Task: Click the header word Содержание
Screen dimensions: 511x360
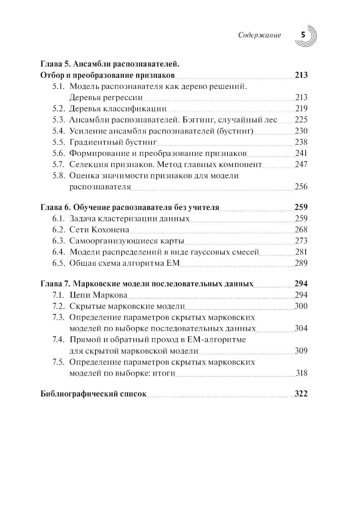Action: coord(259,35)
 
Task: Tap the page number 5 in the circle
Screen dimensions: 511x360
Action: coord(303,35)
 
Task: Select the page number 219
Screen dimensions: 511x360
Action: coord(301,109)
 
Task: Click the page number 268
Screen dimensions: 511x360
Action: coord(301,230)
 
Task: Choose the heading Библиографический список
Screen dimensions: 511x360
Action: coord(94,394)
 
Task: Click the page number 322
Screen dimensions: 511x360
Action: coord(301,394)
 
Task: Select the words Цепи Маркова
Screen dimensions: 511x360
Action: coord(98,295)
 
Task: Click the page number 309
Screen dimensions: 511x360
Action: coord(301,351)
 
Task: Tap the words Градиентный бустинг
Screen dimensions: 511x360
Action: coord(113,142)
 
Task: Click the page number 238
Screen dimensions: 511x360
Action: coord(301,142)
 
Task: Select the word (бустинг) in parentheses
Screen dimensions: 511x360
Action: coord(235,131)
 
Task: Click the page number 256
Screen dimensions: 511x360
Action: coord(301,187)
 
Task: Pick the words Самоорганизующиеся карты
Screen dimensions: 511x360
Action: coord(126,241)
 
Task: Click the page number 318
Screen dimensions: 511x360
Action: coord(301,373)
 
